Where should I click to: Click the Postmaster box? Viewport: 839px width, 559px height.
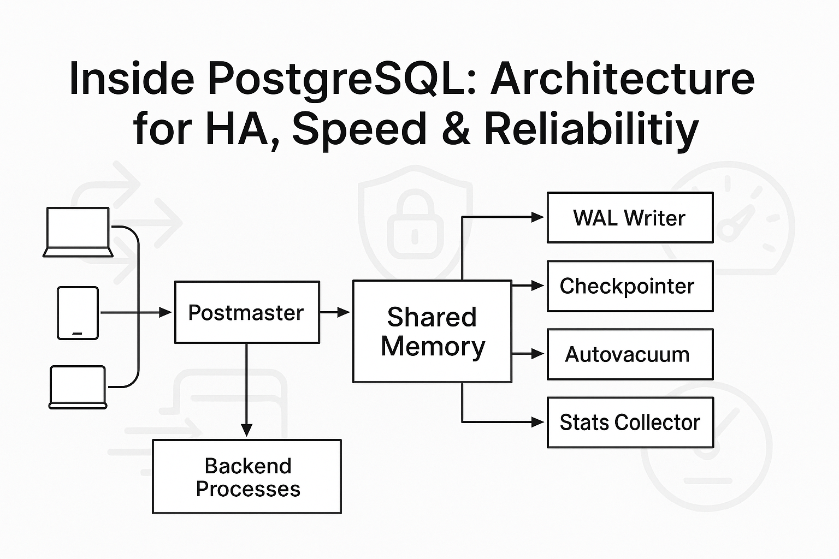(247, 312)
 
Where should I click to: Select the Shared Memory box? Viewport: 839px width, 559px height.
(432, 331)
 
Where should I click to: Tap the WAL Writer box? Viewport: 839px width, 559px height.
(630, 217)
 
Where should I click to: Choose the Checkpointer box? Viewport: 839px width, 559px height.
(630, 286)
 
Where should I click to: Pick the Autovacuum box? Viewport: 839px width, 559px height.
(630, 354)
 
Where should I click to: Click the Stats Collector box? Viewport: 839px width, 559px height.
(630, 423)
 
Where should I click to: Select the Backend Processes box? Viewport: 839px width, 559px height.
(247, 477)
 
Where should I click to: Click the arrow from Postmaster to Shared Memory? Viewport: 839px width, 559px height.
(335, 312)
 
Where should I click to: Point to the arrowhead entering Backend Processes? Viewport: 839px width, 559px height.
(247, 430)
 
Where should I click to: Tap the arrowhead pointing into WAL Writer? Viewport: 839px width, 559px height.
(537, 217)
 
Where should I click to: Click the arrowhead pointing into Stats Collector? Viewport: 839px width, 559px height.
(537, 422)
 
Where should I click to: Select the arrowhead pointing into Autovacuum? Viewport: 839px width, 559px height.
(537, 354)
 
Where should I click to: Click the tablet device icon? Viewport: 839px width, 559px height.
(78, 313)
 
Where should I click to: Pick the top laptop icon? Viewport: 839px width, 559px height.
(78, 232)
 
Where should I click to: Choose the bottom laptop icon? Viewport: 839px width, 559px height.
(78, 387)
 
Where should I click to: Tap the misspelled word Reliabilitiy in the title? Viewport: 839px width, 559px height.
(591, 129)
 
